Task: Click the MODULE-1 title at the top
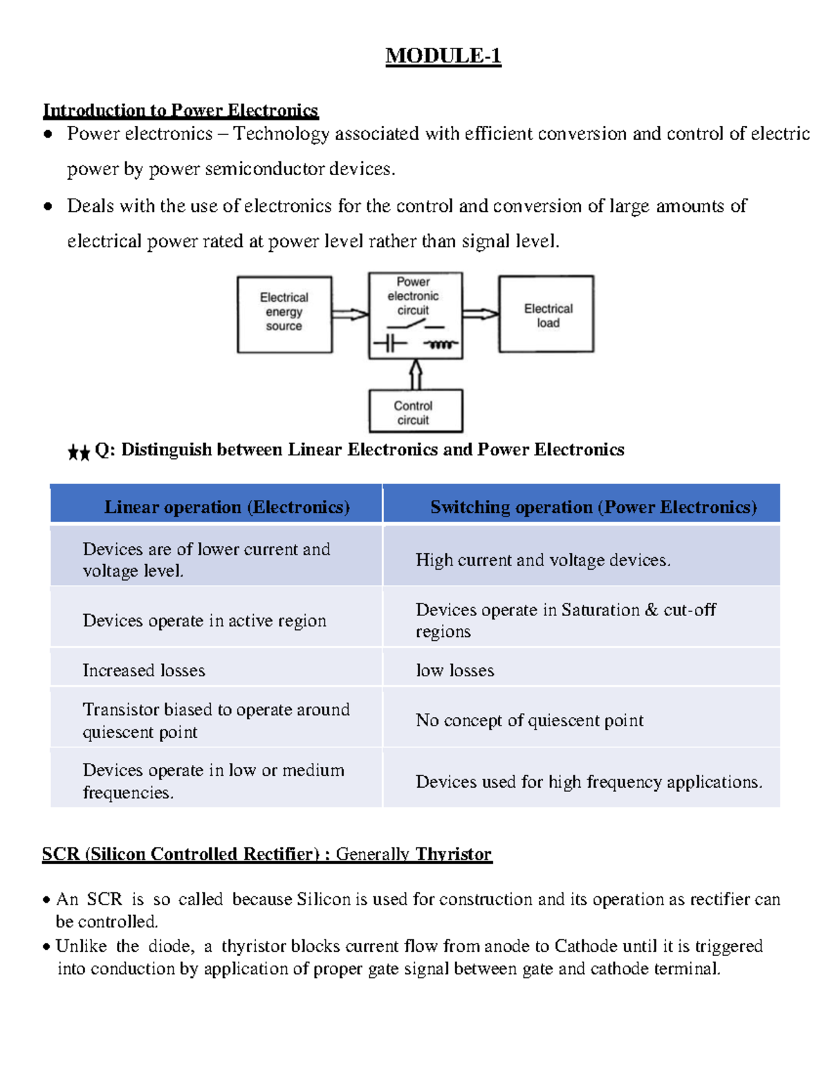pos(443,55)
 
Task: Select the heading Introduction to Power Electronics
pos(181,110)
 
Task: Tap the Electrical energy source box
pos(284,314)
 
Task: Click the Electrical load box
pos(546,314)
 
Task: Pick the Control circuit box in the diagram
pos(416,412)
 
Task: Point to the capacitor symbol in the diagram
pos(389,343)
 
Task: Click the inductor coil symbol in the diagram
pos(441,344)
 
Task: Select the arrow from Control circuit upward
pos(416,374)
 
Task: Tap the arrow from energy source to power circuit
pos(350,314)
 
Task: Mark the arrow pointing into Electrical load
pos(481,314)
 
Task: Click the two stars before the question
pos(79,453)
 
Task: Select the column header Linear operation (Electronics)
pos(227,507)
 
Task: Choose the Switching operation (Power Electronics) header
pos(593,507)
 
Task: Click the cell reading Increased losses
pos(144,670)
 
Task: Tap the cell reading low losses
pos(455,670)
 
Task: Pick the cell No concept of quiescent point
pos(529,721)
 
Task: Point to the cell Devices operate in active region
pos(204,620)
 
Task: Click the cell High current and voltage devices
pos(543,560)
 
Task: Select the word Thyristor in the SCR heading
pos(453,854)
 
